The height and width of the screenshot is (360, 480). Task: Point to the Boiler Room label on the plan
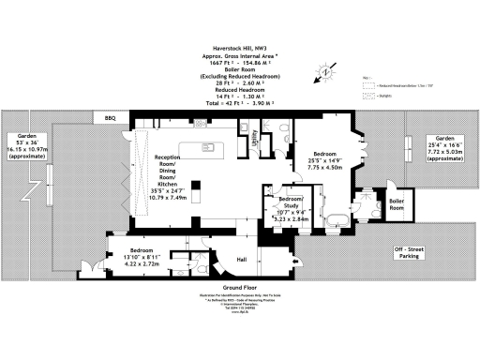click(x=397, y=202)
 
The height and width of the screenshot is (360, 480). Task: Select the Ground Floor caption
click(x=240, y=287)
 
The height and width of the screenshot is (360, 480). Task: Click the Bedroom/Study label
click(x=291, y=203)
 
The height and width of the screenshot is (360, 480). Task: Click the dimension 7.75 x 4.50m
click(x=322, y=170)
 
